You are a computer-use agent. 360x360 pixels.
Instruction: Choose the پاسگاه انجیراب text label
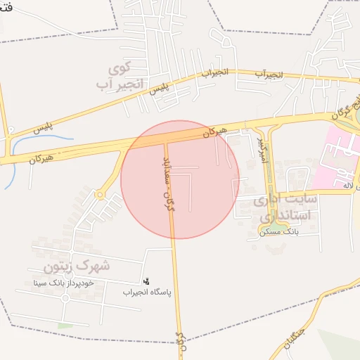click(147, 291)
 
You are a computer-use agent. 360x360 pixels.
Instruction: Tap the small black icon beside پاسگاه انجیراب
click(146, 280)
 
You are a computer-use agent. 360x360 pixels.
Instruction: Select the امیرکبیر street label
click(262, 149)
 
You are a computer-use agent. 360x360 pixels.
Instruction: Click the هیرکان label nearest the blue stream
click(41, 158)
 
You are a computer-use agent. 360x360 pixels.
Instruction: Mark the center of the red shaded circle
click(180, 179)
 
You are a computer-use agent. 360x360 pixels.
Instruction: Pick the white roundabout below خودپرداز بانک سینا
click(65, 297)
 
